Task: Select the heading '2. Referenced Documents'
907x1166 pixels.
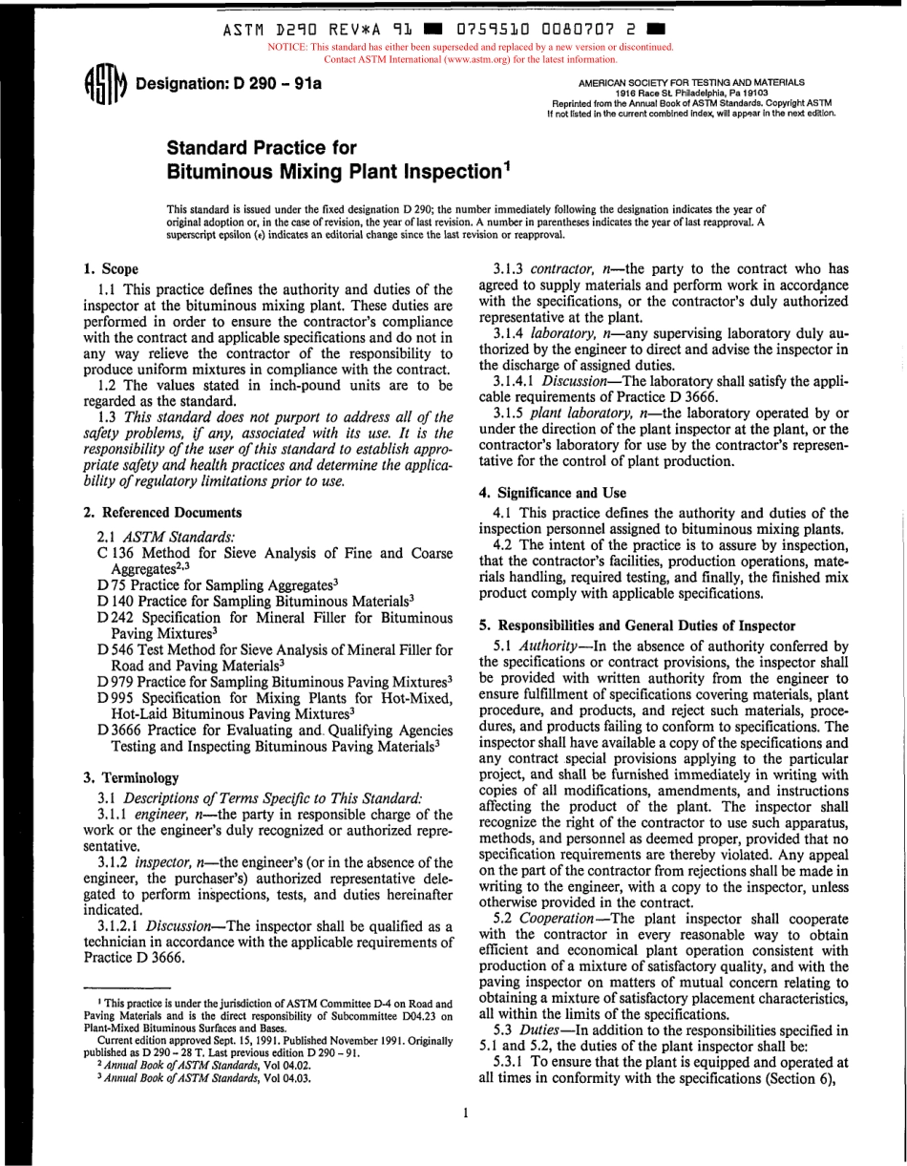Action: pos(163,512)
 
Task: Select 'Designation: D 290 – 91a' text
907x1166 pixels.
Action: pos(229,83)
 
